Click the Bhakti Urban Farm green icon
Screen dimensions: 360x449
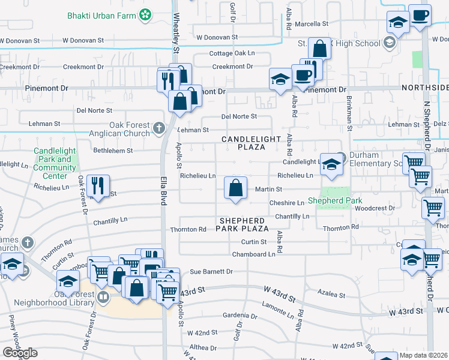[145, 13]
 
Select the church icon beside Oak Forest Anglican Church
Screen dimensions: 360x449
[158, 127]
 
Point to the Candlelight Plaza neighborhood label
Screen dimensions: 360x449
[252, 143]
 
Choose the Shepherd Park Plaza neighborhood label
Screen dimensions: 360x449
[243, 225]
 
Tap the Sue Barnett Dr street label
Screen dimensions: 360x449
[211, 272]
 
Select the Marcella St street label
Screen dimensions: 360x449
[312, 24]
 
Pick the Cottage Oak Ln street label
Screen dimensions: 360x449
[232, 53]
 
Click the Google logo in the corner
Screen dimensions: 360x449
[20, 352]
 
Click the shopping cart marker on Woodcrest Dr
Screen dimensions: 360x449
[433, 208]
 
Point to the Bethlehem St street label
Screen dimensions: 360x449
[113, 150]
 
